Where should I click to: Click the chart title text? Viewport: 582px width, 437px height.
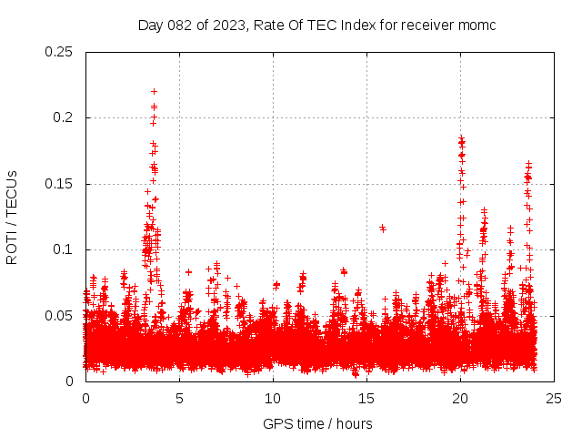click(316, 25)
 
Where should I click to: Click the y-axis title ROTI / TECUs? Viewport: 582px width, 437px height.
click(12, 217)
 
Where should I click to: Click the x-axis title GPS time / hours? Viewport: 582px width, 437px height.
click(317, 423)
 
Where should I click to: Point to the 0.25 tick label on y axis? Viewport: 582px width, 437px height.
click(59, 52)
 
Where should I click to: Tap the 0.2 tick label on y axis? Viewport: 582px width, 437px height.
click(63, 117)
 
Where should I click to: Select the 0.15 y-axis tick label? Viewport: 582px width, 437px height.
click(59, 184)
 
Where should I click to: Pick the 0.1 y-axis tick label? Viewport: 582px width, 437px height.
click(63, 249)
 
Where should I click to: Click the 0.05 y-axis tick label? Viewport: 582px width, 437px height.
click(59, 315)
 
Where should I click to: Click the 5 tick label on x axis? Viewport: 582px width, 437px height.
click(179, 398)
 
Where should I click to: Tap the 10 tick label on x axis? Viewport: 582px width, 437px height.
click(273, 398)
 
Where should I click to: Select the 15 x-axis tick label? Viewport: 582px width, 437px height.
click(366, 398)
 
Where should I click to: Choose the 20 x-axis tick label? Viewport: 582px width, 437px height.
click(460, 398)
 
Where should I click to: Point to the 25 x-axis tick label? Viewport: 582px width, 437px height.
click(554, 398)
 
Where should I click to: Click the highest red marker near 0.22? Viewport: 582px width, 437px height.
click(155, 91)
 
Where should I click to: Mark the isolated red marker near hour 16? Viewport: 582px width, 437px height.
click(383, 228)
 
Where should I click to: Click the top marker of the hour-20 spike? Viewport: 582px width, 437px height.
click(461, 138)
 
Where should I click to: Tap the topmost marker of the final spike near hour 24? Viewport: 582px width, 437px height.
click(528, 164)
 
